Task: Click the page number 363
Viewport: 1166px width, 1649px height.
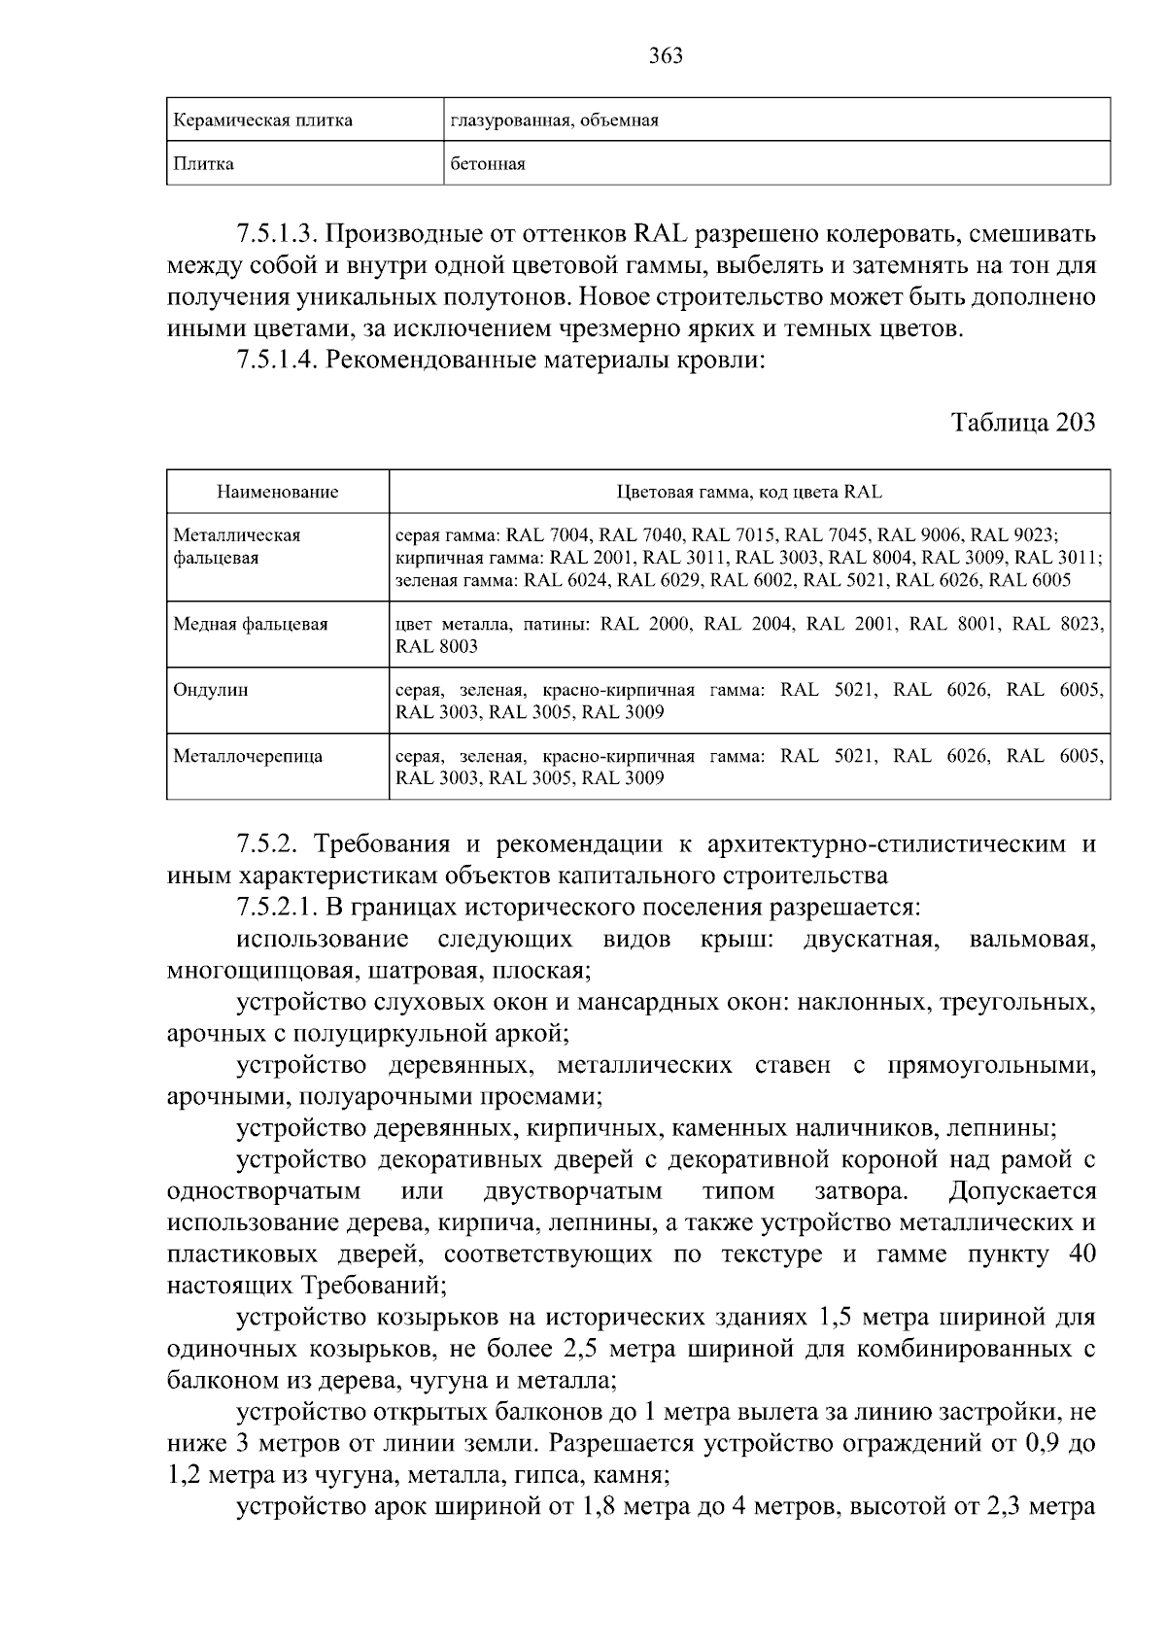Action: [x=666, y=55]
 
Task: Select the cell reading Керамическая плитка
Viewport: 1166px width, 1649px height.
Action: [x=262, y=120]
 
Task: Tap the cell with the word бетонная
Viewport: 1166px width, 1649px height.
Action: [x=488, y=164]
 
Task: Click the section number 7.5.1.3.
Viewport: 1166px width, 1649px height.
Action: [x=277, y=234]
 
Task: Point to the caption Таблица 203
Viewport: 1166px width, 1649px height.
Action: [x=1023, y=423]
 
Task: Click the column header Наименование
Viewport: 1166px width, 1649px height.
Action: [x=277, y=492]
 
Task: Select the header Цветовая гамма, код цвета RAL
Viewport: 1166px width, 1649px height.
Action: [x=749, y=492]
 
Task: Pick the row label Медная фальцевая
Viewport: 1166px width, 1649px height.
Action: [x=250, y=624]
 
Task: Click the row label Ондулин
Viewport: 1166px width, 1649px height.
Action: [x=211, y=690]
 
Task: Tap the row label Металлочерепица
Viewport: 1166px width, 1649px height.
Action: [x=248, y=756]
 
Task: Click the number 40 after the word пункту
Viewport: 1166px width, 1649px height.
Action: [x=1080, y=1254]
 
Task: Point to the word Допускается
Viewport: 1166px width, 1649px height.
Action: [x=1022, y=1191]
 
